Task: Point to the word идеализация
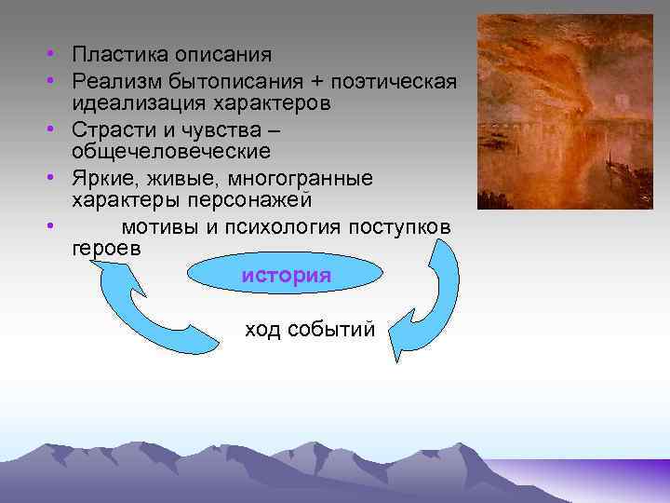coord(135,102)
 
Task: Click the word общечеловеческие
coord(171,151)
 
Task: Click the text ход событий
coord(309,330)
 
